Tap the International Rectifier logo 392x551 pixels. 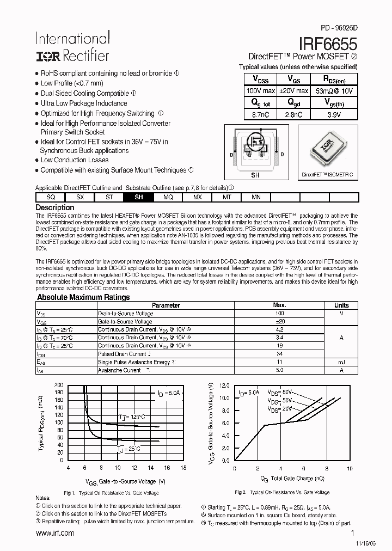point(72,46)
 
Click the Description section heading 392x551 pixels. point(55,207)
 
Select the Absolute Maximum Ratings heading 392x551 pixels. point(83,297)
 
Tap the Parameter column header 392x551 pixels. point(166,305)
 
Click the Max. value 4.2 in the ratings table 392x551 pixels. point(279,329)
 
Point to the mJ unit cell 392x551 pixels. point(341,362)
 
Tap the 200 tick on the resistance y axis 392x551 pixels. point(59,384)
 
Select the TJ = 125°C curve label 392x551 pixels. point(132,417)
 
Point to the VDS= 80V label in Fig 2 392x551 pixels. point(281,392)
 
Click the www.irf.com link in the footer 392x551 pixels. point(54,533)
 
